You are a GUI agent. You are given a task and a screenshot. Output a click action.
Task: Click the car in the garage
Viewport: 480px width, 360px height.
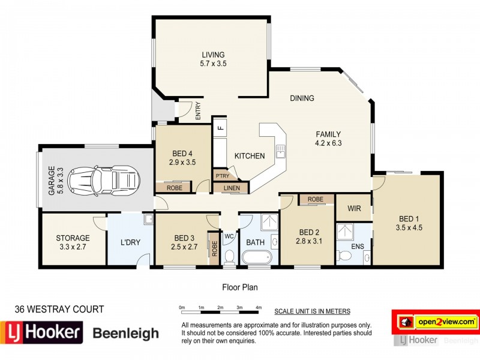pos(104,179)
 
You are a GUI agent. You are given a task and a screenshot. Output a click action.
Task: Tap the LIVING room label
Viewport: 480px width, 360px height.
pos(212,55)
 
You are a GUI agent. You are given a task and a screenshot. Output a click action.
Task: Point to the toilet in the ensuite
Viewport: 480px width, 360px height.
pos(344,256)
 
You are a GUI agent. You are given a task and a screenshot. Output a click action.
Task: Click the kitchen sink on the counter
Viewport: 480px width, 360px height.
pos(280,151)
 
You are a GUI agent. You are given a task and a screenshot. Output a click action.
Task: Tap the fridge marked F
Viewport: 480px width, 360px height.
pos(220,128)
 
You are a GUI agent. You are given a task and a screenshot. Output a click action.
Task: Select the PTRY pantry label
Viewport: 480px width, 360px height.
pos(222,176)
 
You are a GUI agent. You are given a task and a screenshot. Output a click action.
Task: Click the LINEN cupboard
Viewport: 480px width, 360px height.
pos(231,188)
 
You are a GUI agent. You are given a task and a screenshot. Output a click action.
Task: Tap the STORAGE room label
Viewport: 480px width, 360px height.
pos(73,238)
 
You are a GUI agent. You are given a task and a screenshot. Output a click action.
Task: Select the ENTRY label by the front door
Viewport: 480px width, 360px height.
pos(198,111)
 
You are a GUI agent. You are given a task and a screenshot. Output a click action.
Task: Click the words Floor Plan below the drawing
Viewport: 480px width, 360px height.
pos(239,287)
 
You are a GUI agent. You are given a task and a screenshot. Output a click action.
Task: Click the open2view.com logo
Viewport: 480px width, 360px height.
pos(444,322)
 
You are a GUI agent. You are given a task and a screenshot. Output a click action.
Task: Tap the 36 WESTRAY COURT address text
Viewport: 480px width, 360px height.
pos(59,310)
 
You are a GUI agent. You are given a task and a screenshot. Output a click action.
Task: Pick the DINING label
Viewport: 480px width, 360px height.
pos(302,98)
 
